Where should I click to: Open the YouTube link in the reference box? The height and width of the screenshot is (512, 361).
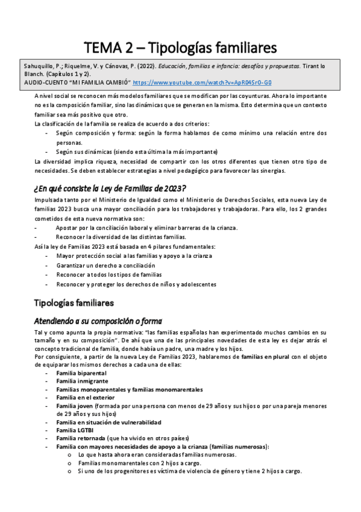click(202, 82)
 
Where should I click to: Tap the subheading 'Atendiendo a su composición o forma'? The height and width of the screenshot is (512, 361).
click(98, 321)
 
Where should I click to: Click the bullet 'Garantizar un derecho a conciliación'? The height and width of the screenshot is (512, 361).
click(105, 265)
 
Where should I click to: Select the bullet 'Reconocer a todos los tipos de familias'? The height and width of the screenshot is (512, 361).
click(109, 274)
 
